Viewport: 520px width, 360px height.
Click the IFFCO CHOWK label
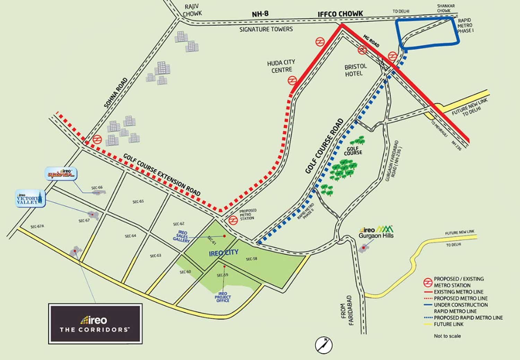pyautogui.click(x=340, y=14)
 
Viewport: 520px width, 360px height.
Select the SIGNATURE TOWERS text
pyautogui.click(x=266, y=29)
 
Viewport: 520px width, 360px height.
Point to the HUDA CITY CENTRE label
pyautogui.click(x=281, y=66)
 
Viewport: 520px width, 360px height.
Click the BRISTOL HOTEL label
pyautogui.click(x=355, y=70)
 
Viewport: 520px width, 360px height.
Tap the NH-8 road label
pyautogui.click(x=260, y=14)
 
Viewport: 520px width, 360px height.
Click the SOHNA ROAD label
pyautogui.click(x=116, y=92)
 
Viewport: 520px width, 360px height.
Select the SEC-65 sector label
pyautogui.click(x=138, y=202)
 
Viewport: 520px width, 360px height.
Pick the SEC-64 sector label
pyautogui.click(x=130, y=236)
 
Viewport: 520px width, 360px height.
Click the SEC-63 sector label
pyautogui.click(x=155, y=256)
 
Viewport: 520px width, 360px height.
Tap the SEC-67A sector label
pyautogui.click(x=37, y=226)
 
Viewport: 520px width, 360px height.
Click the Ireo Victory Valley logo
pyautogui.click(x=31, y=199)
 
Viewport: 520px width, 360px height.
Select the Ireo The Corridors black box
pyautogui.click(x=95, y=324)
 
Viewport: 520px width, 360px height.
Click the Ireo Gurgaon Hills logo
pyautogui.click(x=376, y=232)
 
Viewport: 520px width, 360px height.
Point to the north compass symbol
pyautogui.click(x=324, y=345)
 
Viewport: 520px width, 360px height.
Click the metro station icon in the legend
pyautogui.click(x=428, y=282)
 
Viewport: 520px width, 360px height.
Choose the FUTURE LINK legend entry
pyautogui.click(x=449, y=324)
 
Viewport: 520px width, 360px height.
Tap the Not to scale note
pyautogui.click(x=447, y=336)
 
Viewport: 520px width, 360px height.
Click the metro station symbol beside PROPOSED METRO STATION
pyautogui.click(x=233, y=219)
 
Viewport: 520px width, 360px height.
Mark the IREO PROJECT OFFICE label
pyautogui.click(x=223, y=297)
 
